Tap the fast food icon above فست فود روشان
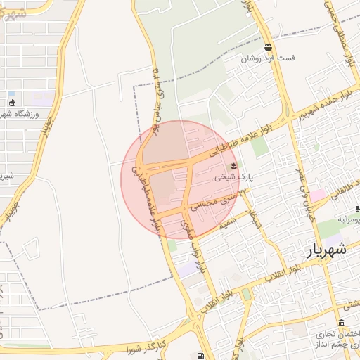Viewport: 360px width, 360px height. [x=268, y=48]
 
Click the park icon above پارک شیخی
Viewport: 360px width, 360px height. [x=234, y=165]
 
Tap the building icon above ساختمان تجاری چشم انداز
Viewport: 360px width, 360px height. [x=341, y=323]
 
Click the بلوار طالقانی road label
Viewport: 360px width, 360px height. [x=343, y=193]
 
